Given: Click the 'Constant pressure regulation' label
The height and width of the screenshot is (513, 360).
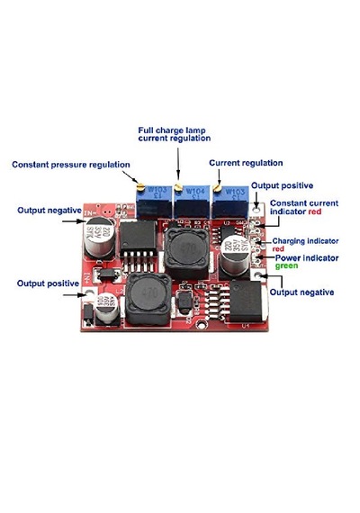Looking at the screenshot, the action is tap(71, 165).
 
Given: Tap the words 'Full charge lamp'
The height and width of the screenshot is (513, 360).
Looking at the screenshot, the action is tap(172, 130).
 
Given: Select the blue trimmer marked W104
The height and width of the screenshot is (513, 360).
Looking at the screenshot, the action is tap(192, 202).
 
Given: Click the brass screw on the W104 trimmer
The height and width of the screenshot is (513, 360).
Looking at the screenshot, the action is tap(178, 187).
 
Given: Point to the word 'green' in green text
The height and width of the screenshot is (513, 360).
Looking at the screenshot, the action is tap(287, 266).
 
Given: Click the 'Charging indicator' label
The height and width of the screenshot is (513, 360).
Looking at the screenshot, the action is tap(305, 241).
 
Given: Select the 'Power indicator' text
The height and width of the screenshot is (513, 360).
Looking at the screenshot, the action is tap(307, 258).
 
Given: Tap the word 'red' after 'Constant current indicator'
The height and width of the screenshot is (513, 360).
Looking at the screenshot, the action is tap(315, 211).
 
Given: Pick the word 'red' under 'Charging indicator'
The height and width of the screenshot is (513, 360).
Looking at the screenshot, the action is tap(278, 249).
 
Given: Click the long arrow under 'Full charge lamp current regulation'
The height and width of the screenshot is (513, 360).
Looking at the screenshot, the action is tap(178, 163).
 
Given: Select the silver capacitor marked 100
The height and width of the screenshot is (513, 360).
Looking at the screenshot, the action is tap(107, 308).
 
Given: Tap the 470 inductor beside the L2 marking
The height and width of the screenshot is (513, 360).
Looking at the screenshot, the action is tap(148, 298).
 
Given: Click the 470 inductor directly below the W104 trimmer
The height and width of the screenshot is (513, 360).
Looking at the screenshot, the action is tap(187, 250).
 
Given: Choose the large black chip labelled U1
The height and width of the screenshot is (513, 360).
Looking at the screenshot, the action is tap(247, 301).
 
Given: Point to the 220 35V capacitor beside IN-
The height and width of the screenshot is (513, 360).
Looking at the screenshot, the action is tap(99, 238).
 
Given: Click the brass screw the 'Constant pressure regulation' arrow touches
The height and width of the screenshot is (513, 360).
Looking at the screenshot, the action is tap(140, 187).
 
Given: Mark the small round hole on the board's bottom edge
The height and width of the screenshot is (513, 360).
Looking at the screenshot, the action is tap(202, 325).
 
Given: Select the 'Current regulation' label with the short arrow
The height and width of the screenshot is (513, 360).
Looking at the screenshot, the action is tap(246, 163).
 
